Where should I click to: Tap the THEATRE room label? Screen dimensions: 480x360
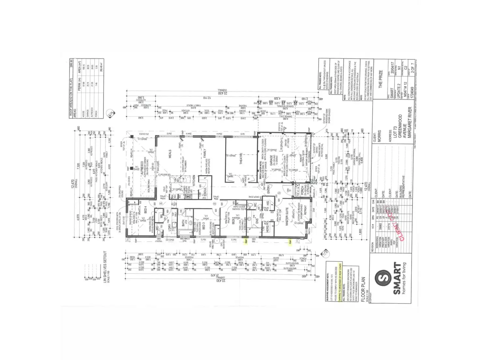tap(241, 158)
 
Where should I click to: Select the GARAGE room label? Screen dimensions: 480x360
tap(271, 160)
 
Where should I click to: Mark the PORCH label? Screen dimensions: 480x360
tap(302, 191)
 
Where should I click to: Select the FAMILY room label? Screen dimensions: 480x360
tap(205, 153)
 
